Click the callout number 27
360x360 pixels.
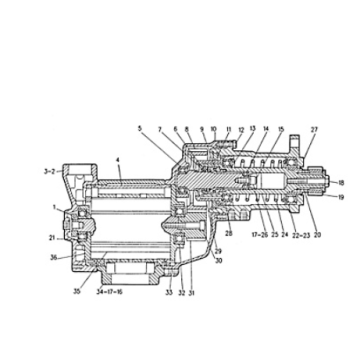[x=314, y=129]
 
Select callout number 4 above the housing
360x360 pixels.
[x=118, y=160]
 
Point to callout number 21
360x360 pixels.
[x=52, y=238]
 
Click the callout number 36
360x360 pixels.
[x=52, y=257]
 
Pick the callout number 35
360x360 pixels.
[x=75, y=293]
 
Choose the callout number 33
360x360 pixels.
[x=168, y=293]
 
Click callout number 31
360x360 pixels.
[x=190, y=293]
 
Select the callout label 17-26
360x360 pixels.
[x=257, y=236]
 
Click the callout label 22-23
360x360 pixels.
[x=298, y=236]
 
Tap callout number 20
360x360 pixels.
[x=318, y=236]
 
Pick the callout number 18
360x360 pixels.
[x=341, y=183]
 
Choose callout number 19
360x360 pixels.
[x=341, y=198]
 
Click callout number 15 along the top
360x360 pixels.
[x=281, y=129]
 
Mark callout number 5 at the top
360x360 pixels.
[x=141, y=129]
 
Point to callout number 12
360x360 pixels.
[x=240, y=129]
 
